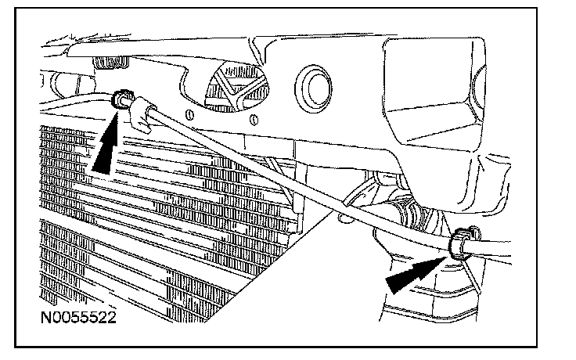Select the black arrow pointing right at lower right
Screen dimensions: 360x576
pyautogui.click(x=412, y=275)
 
